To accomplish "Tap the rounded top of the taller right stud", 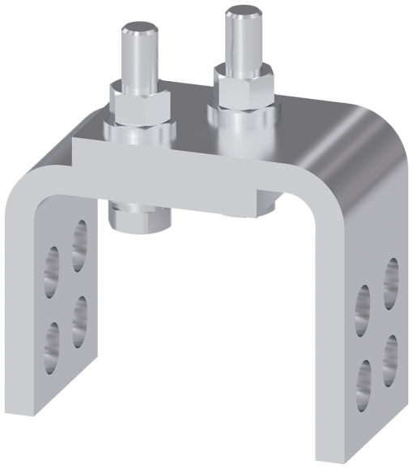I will click(242, 14).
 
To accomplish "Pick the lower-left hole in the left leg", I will click(52, 341).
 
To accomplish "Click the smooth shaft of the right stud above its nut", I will click(241, 41).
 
